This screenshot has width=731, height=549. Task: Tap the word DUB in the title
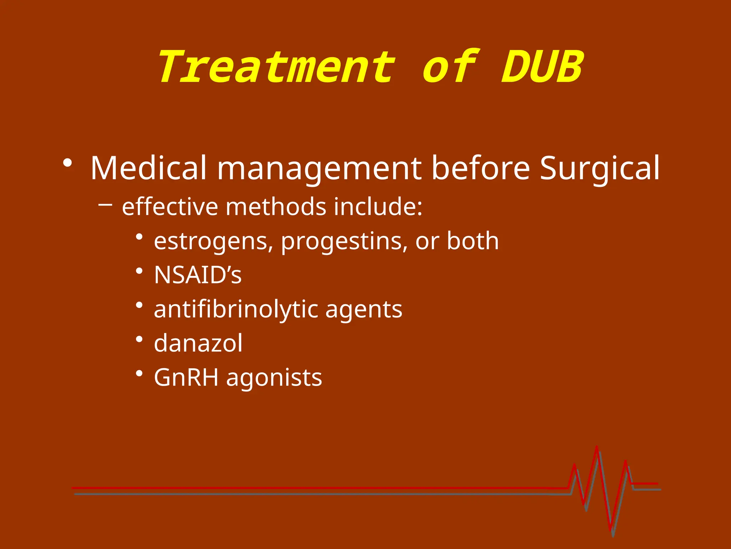[x=542, y=67]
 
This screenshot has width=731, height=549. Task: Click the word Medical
[x=148, y=168]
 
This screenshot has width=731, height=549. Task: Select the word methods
[x=276, y=207]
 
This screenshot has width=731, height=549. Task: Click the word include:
[x=378, y=207]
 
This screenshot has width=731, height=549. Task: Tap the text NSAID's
[x=198, y=275]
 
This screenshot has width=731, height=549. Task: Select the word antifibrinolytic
[x=236, y=309]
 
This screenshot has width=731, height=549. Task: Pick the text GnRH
[x=186, y=377]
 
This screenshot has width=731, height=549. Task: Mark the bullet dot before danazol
[x=140, y=339]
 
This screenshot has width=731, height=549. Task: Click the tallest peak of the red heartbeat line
[x=597, y=447]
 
